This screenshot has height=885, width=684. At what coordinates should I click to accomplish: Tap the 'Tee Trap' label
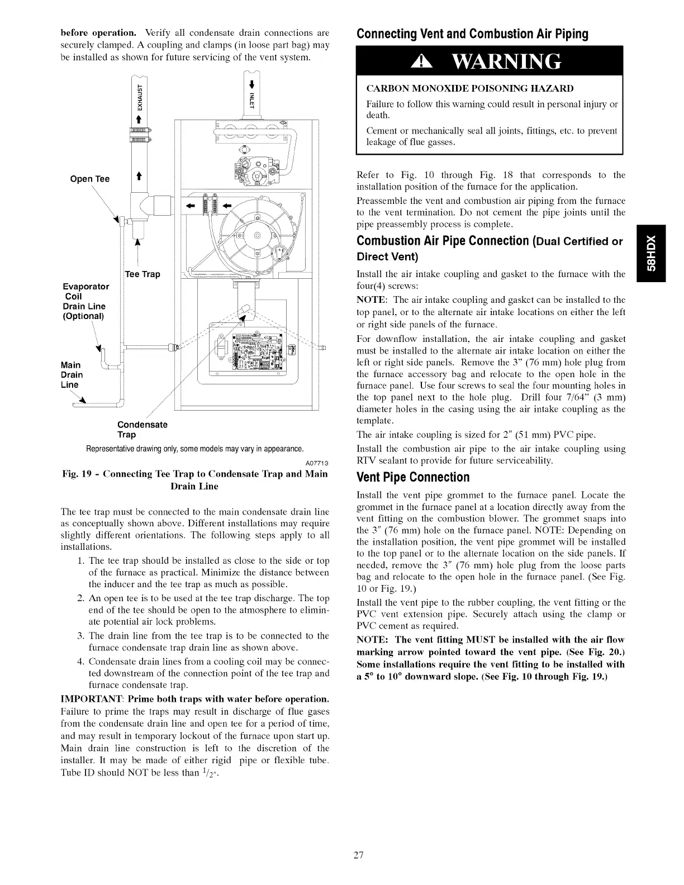(142, 274)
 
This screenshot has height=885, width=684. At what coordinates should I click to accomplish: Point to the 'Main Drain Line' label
(72, 374)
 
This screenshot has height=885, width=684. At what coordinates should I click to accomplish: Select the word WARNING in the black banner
(510, 61)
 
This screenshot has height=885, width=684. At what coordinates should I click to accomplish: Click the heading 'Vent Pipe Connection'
(413, 477)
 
